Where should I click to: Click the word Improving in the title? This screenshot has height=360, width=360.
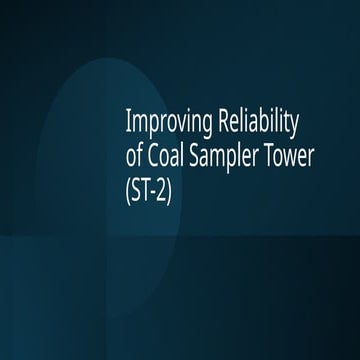(164, 125)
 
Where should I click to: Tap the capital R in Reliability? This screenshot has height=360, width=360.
(213, 125)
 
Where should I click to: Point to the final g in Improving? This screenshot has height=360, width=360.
(198, 128)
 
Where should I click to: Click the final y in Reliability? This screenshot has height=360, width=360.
(293, 128)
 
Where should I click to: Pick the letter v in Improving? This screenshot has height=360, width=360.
(170, 127)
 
